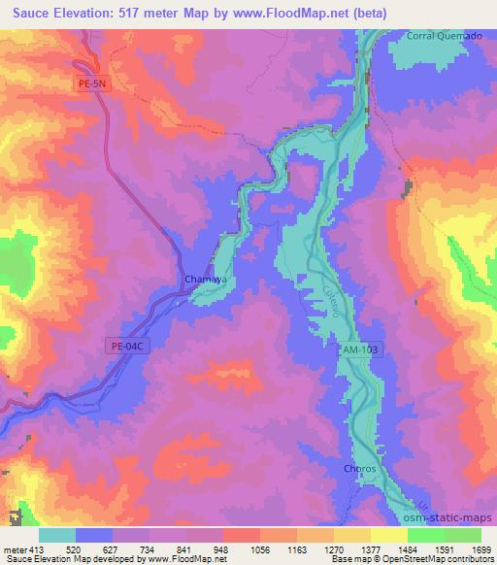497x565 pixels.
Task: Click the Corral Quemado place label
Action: pyautogui.click(x=444, y=36)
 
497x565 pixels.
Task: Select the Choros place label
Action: pyautogui.click(x=360, y=469)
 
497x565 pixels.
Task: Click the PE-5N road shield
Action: pyautogui.click(x=94, y=84)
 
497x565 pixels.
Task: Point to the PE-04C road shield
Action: pyautogui.click(x=125, y=346)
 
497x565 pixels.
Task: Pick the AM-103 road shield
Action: pyautogui.click(x=359, y=349)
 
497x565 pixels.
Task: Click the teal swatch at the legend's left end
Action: pyautogui.click(x=57, y=535)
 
